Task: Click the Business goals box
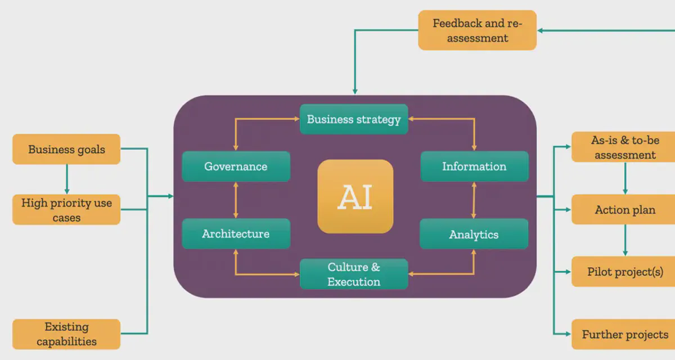[x=66, y=149]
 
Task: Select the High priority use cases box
[x=66, y=210]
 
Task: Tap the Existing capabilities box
[x=66, y=334]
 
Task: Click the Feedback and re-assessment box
[x=478, y=30]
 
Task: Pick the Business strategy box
[x=354, y=119]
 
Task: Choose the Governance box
[x=236, y=166]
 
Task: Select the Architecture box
[x=236, y=233]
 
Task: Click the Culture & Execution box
[x=354, y=274]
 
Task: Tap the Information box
[x=474, y=166]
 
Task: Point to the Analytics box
[x=474, y=234]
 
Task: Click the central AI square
[x=355, y=196]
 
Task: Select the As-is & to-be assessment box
[x=625, y=147]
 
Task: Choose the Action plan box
[x=625, y=210]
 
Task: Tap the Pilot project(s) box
[x=625, y=272]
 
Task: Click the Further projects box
[x=625, y=335]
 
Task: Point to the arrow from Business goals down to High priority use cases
[x=67, y=179]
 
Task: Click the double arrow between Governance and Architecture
[x=236, y=200]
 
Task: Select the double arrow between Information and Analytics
[x=474, y=200]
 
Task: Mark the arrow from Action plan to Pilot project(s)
[x=625, y=240]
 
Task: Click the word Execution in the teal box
[x=354, y=282]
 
